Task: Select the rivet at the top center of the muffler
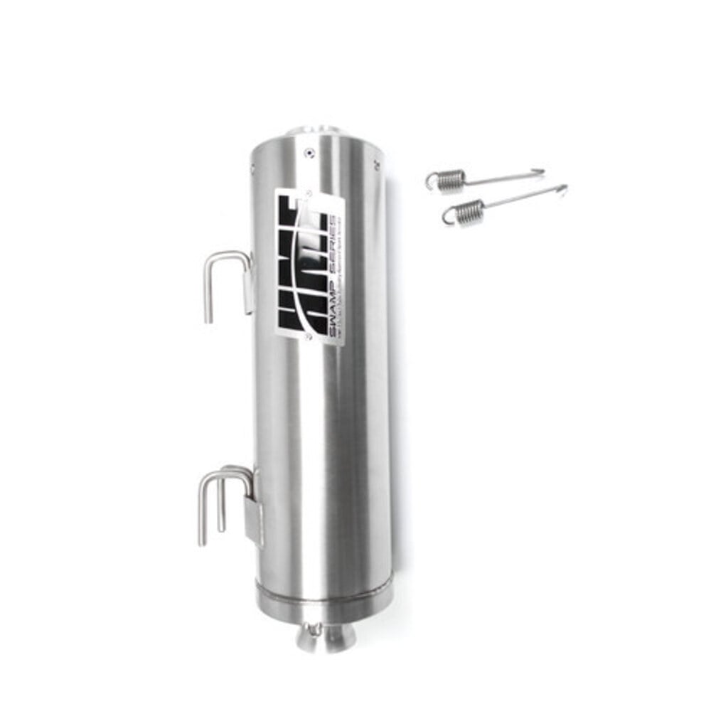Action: (x=307, y=152)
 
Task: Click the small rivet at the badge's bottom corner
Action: (x=306, y=337)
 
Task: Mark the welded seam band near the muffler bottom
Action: (x=324, y=593)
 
